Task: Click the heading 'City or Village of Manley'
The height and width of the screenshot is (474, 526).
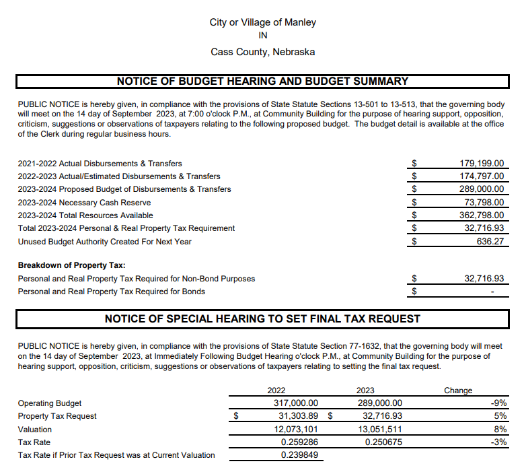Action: pos(262,22)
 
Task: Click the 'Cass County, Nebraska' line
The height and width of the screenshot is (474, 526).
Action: pos(262,52)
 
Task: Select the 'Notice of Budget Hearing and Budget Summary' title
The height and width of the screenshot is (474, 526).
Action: pos(262,81)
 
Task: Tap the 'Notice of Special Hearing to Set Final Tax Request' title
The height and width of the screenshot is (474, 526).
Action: pos(262,319)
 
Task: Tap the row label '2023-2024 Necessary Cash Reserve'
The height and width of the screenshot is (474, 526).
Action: pos(84,203)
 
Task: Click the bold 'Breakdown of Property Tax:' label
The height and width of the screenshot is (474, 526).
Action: pos(72,265)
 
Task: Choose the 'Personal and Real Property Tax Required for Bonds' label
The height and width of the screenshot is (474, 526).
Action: pos(112,292)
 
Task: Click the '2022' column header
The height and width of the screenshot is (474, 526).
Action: pos(276,391)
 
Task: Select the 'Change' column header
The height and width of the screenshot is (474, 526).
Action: pos(458,391)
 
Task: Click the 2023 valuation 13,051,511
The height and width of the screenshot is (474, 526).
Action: pos(379,429)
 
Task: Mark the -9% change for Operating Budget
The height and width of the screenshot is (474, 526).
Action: pos(499,403)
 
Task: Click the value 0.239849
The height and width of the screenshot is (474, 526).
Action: pos(299,455)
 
